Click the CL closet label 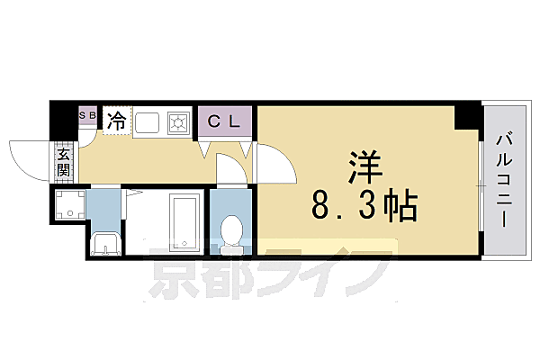(225, 121)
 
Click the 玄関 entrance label (64, 162)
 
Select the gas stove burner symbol (178, 121)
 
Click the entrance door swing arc (27, 157)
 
